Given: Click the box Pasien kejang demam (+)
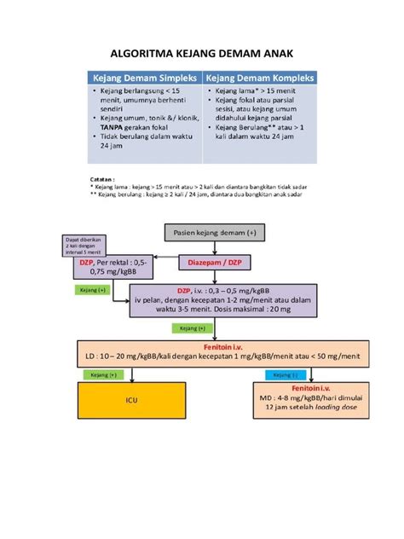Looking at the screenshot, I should [213, 233].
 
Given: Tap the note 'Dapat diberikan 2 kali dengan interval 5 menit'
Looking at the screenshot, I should [84, 246].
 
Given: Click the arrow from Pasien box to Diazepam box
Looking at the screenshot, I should [213, 247].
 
